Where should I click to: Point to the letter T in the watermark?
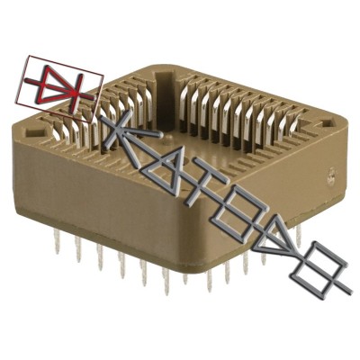[x=199, y=193]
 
